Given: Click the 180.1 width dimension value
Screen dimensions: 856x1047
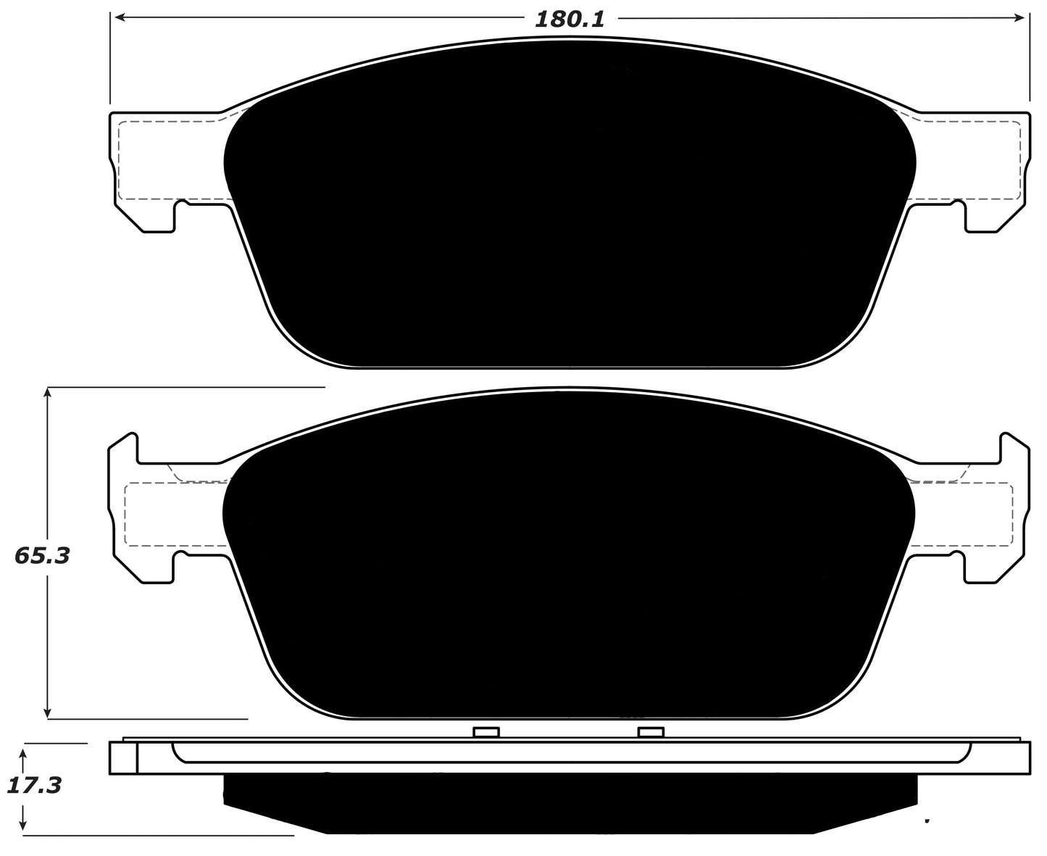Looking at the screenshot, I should tap(569, 20).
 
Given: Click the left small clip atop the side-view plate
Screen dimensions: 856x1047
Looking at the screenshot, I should tap(486, 732).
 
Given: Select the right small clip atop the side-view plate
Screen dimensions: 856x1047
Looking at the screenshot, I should tap(651, 732).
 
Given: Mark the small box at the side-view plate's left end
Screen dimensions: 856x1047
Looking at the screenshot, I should tap(123, 759).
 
